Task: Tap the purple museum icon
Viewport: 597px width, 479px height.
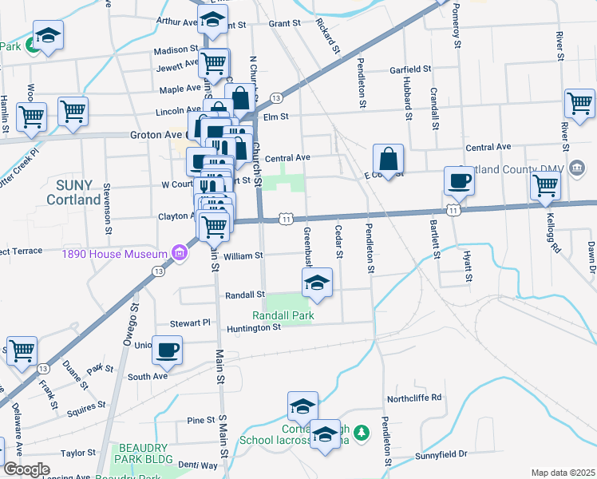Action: [179, 254]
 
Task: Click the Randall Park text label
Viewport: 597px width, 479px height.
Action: [283, 315]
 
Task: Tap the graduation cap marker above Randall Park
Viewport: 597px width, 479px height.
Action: [318, 283]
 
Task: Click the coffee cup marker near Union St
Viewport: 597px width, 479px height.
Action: [168, 350]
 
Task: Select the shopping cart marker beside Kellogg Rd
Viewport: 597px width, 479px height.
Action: [546, 184]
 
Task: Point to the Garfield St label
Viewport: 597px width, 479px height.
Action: [410, 70]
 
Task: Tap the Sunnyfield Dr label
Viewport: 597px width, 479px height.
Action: [440, 454]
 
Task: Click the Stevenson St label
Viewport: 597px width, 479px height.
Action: [107, 211]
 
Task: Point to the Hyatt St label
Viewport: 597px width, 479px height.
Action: [468, 266]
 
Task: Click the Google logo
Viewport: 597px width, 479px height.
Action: [26, 469]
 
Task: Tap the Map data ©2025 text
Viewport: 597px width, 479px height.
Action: [563, 473]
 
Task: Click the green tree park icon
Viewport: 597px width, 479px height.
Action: [362, 432]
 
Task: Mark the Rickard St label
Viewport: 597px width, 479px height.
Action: [328, 33]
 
